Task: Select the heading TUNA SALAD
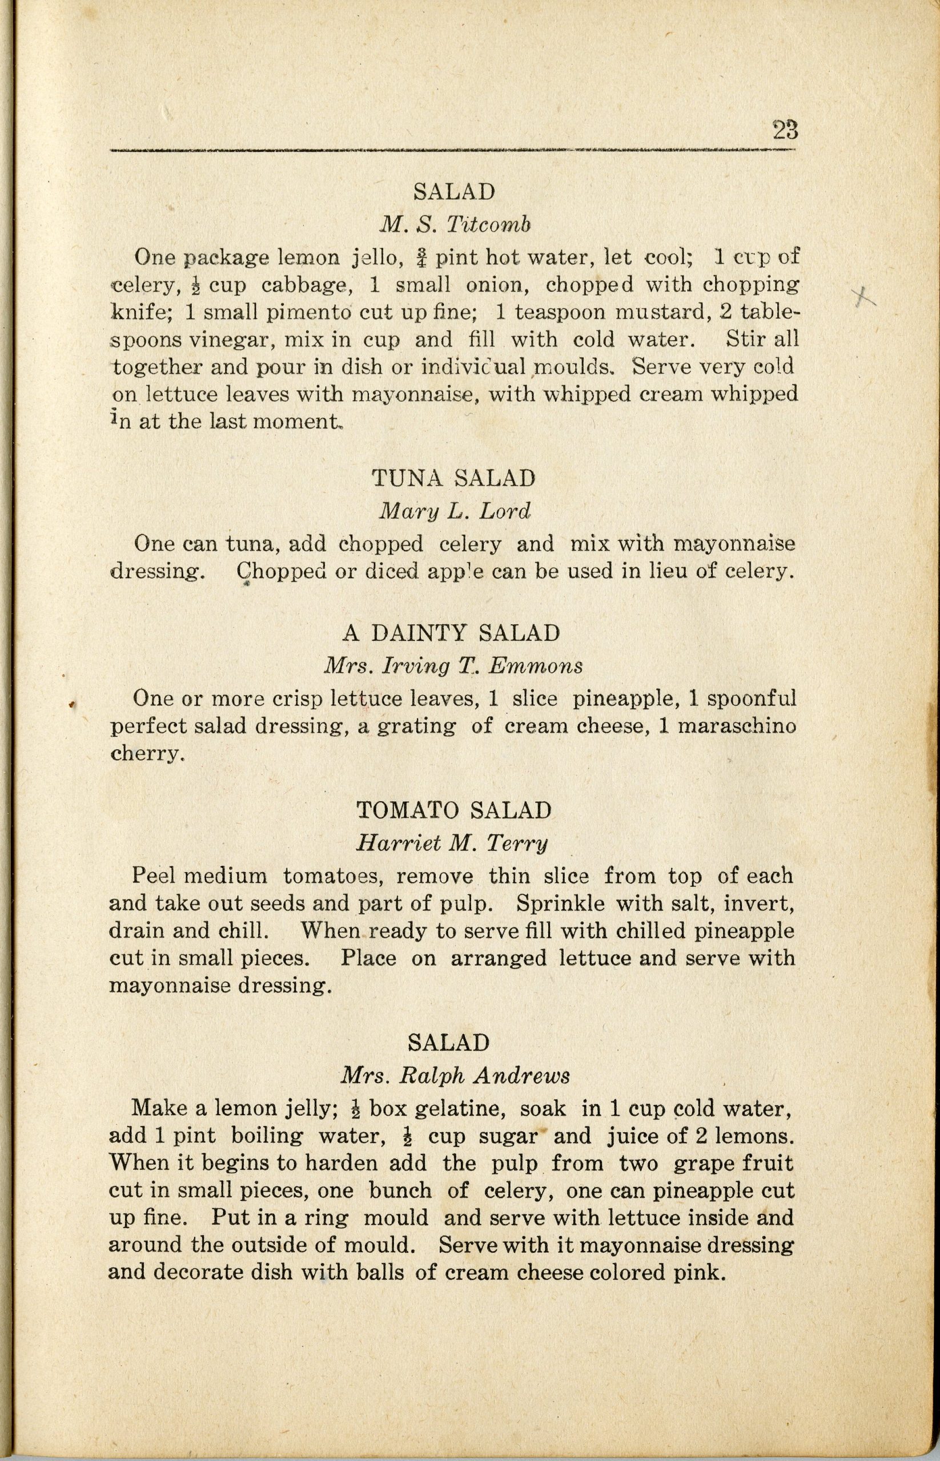[x=453, y=478]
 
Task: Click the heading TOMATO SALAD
[x=454, y=810]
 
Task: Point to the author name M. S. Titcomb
[x=455, y=225]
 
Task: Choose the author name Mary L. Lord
[x=455, y=511]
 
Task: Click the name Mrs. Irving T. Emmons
[x=452, y=665]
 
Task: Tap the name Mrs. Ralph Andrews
[x=455, y=1075]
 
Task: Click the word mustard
[x=662, y=312]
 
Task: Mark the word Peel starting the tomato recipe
[x=154, y=876]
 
